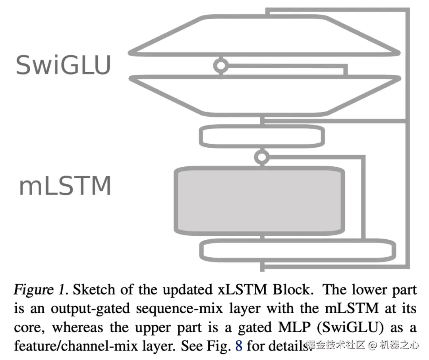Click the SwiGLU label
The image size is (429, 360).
(x=63, y=65)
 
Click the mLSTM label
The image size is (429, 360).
(x=65, y=186)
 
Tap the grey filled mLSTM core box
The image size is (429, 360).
(x=259, y=201)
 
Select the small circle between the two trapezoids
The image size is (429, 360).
(x=221, y=65)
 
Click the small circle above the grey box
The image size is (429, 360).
(x=262, y=157)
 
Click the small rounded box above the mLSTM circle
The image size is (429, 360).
(x=262, y=126)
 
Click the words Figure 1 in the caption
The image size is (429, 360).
(x=40, y=289)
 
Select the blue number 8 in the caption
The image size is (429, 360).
(x=239, y=346)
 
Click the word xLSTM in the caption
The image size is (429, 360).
(x=242, y=289)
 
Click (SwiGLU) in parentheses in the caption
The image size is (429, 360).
(x=350, y=327)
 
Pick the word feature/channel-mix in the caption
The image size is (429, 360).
(x=76, y=346)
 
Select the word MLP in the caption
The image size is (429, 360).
(x=294, y=327)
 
